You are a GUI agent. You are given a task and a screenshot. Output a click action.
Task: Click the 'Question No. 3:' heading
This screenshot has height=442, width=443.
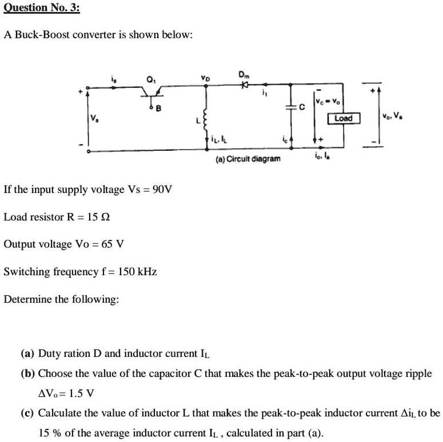pyautogui.click(x=42, y=7)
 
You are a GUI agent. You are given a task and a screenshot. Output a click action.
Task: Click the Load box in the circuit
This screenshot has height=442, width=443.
pyautogui.click(x=343, y=118)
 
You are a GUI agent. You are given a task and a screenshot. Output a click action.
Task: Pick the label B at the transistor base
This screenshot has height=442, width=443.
pyautogui.click(x=159, y=109)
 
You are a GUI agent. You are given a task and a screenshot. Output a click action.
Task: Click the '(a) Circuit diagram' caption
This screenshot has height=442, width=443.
pyautogui.click(x=248, y=158)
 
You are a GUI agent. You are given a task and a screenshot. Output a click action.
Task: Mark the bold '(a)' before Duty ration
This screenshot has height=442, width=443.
pyautogui.click(x=28, y=353)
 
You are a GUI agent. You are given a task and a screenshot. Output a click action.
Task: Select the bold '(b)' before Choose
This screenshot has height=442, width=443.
pyautogui.click(x=29, y=373)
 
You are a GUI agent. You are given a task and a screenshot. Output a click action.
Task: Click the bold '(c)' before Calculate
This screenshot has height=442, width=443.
pyautogui.click(x=28, y=413)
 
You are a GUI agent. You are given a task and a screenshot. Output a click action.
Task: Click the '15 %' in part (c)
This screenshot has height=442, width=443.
pyautogui.click(x=51, y=432)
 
